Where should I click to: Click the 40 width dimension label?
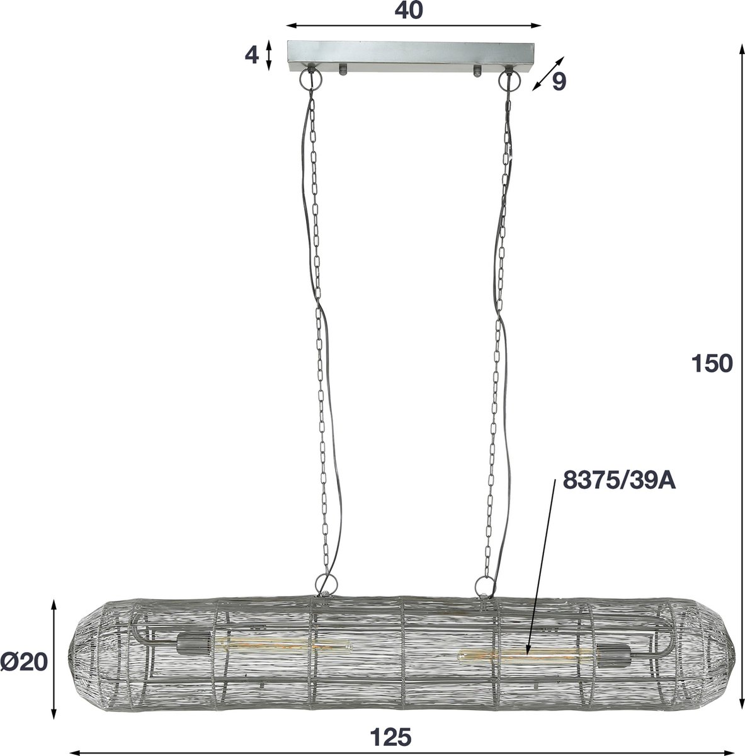click(414, 10)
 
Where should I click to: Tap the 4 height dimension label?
click(251, 55)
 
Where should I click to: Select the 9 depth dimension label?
click(559, 81)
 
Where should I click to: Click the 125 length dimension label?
click(391, 735)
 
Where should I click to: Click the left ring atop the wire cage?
click(323, 583)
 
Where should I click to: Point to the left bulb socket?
click(187, 643)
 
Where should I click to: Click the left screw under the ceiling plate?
click(343, 69)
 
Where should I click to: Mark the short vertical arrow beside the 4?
click(269, 55)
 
